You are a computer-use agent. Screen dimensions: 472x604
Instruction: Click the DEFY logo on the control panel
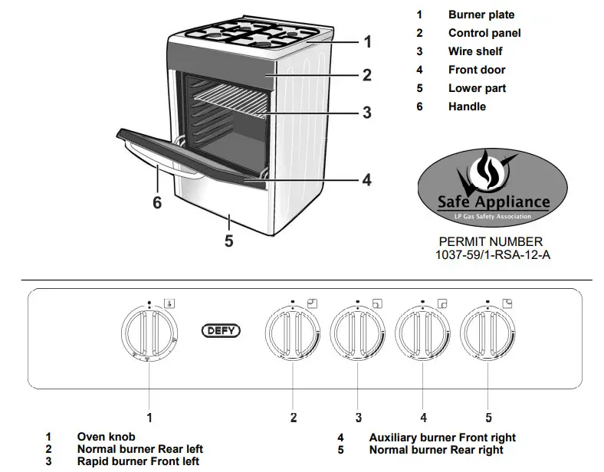[221, 332]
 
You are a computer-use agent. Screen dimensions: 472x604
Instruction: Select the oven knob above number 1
[149, 333]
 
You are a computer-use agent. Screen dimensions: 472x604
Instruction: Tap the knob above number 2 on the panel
[292, 333]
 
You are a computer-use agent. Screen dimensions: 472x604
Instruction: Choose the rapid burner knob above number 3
[358, 333]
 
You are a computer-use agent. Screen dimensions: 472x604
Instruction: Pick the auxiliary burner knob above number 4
[423, 333]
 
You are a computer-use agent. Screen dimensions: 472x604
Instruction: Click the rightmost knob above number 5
[488, 333]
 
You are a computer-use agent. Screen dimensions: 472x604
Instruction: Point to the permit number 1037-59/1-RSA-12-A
[492, 255]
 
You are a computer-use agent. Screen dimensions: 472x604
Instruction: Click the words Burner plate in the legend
[481, 15]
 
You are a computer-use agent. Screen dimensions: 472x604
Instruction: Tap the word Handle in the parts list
[467, 107]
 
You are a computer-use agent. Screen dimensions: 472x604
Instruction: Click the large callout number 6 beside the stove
[157, 203]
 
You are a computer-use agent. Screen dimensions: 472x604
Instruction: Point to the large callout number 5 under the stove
[228, 241]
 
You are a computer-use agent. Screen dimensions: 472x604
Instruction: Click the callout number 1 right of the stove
[367, 42]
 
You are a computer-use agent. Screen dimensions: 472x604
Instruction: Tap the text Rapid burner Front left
[138, 461]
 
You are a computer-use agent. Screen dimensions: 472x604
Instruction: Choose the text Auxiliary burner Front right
[442, 438]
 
